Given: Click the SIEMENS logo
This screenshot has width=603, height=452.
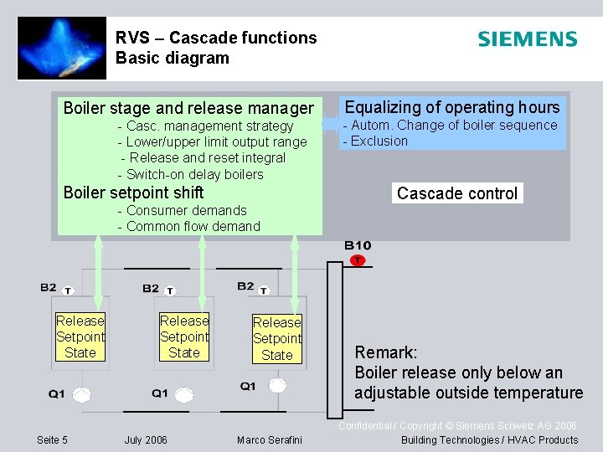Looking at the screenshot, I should [527, 39].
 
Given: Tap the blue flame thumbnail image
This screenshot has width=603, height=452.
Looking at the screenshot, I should [62, 49].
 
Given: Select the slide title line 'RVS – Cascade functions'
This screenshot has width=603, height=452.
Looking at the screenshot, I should [216, 38].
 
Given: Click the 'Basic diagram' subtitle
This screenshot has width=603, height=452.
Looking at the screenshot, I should [172, 59].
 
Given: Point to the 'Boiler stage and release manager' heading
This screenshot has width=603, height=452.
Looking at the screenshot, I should [188, 108].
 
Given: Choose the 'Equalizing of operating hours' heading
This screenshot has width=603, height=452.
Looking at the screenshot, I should [452, 107].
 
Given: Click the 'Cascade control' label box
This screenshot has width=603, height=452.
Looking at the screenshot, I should [457, 193].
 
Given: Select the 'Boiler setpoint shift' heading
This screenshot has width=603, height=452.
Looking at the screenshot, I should [133, 193].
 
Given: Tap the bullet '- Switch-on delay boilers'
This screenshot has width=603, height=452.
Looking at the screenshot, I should [191, 174].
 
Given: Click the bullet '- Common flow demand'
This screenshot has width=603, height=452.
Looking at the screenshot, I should [189, 226].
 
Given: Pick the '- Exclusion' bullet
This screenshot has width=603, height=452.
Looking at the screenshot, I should [375, 141].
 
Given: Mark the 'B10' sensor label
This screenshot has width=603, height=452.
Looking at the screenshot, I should [358, 245].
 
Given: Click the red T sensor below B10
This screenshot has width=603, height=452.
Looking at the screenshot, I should [358, 260].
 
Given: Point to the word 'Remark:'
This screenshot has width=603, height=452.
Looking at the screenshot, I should [385, 352].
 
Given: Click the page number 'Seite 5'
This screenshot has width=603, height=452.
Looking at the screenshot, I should [53, 440].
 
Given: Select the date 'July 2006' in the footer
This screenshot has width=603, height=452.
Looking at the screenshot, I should [146, 440].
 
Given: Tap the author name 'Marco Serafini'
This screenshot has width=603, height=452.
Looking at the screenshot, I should [269, 440].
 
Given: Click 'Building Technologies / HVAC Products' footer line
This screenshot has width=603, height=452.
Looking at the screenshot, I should [489, 440].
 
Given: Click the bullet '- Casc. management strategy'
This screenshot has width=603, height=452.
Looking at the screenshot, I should [206, 126].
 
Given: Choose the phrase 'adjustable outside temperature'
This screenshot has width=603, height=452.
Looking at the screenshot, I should [468, 393].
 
